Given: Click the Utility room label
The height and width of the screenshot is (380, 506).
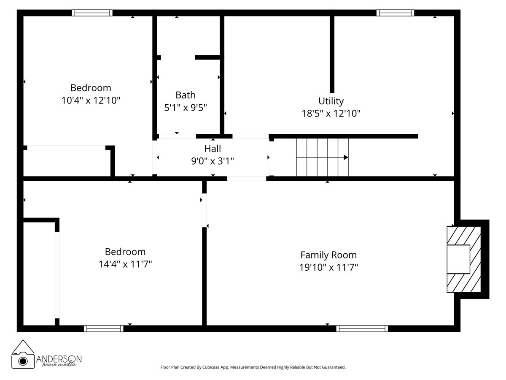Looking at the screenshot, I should (331, 101).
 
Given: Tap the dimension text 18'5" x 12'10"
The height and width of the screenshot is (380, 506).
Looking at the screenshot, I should (331, 114).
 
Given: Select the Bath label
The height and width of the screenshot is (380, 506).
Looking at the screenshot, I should (186, 95).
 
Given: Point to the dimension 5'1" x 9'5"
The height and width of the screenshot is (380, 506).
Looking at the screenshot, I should (186, 108).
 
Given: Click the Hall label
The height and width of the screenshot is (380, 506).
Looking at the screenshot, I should (213, 149).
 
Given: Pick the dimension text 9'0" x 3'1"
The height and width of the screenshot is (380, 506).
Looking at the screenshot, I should (213, 161).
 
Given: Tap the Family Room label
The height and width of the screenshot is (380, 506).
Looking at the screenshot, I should (328, 255).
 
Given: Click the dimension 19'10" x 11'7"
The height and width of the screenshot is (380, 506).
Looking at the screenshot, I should (328, 267).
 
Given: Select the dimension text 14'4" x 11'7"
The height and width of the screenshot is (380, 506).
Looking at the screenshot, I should (125, 264).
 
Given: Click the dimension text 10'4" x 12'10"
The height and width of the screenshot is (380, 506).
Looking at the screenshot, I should (91, 100).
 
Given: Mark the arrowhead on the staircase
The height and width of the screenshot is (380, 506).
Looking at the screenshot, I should (346, 157).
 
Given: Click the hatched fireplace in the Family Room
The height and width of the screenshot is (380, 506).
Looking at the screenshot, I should (464, 259).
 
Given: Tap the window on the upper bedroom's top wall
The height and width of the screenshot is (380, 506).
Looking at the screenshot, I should (92, 13).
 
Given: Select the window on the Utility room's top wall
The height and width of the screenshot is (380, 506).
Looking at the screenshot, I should (395, 13).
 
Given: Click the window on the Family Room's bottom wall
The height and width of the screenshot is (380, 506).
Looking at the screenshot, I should (362, 328).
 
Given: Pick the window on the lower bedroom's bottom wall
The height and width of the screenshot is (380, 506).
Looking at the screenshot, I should (104, 328).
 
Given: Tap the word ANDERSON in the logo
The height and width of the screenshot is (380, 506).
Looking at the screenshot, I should (59, 358).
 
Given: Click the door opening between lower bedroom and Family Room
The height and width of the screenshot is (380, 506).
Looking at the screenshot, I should (204, 210).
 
